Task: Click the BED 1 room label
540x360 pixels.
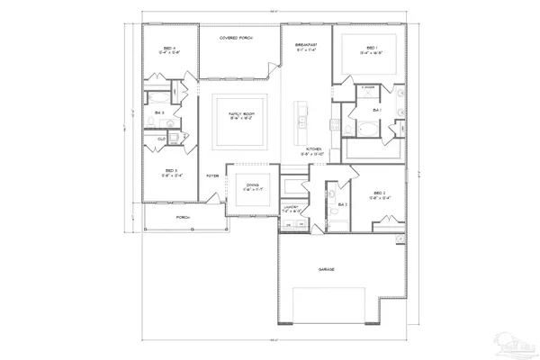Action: click(370, 49)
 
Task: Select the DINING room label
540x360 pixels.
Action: click(252, 186)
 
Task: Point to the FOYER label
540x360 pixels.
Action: click(212, 175)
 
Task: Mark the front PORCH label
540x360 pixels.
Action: click(182, 217)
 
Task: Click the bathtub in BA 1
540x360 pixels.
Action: click(364, 130)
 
